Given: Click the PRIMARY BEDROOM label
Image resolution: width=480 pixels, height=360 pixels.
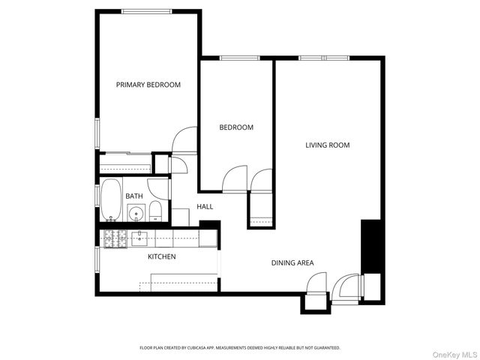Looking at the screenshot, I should click(148, 85).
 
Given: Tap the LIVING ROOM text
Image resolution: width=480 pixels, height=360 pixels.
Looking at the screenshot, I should click(327, 145).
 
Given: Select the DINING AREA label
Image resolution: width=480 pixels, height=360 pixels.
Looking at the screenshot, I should click(292, 262).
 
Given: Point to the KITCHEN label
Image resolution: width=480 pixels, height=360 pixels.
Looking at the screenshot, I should click(161, 257).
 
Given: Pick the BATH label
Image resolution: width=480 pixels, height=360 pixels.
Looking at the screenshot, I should click(134, 196).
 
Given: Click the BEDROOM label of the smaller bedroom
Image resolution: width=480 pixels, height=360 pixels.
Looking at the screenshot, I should click(236, 127).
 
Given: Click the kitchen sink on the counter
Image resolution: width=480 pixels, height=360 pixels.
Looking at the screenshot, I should click(140, 238).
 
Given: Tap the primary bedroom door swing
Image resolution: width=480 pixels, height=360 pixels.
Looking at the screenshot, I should click(184, 140).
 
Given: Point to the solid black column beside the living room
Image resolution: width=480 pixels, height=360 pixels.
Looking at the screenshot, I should click(372, 247).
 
